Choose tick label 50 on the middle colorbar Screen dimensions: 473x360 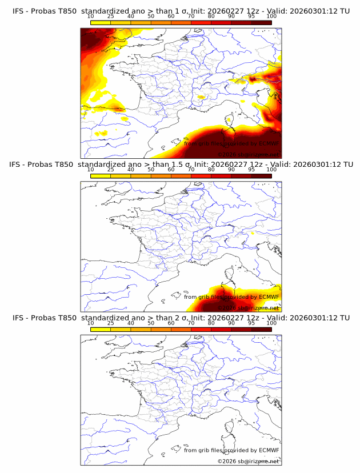(x=151, y=170)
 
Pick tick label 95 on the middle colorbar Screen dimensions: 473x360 (x=251, y=170)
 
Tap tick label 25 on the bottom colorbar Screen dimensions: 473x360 (x=110, y=323)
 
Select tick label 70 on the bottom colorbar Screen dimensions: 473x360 (x=191, y=323)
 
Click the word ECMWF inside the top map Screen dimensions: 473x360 (x=269, y=143)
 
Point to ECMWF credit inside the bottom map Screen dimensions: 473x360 (x=269, y=450)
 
